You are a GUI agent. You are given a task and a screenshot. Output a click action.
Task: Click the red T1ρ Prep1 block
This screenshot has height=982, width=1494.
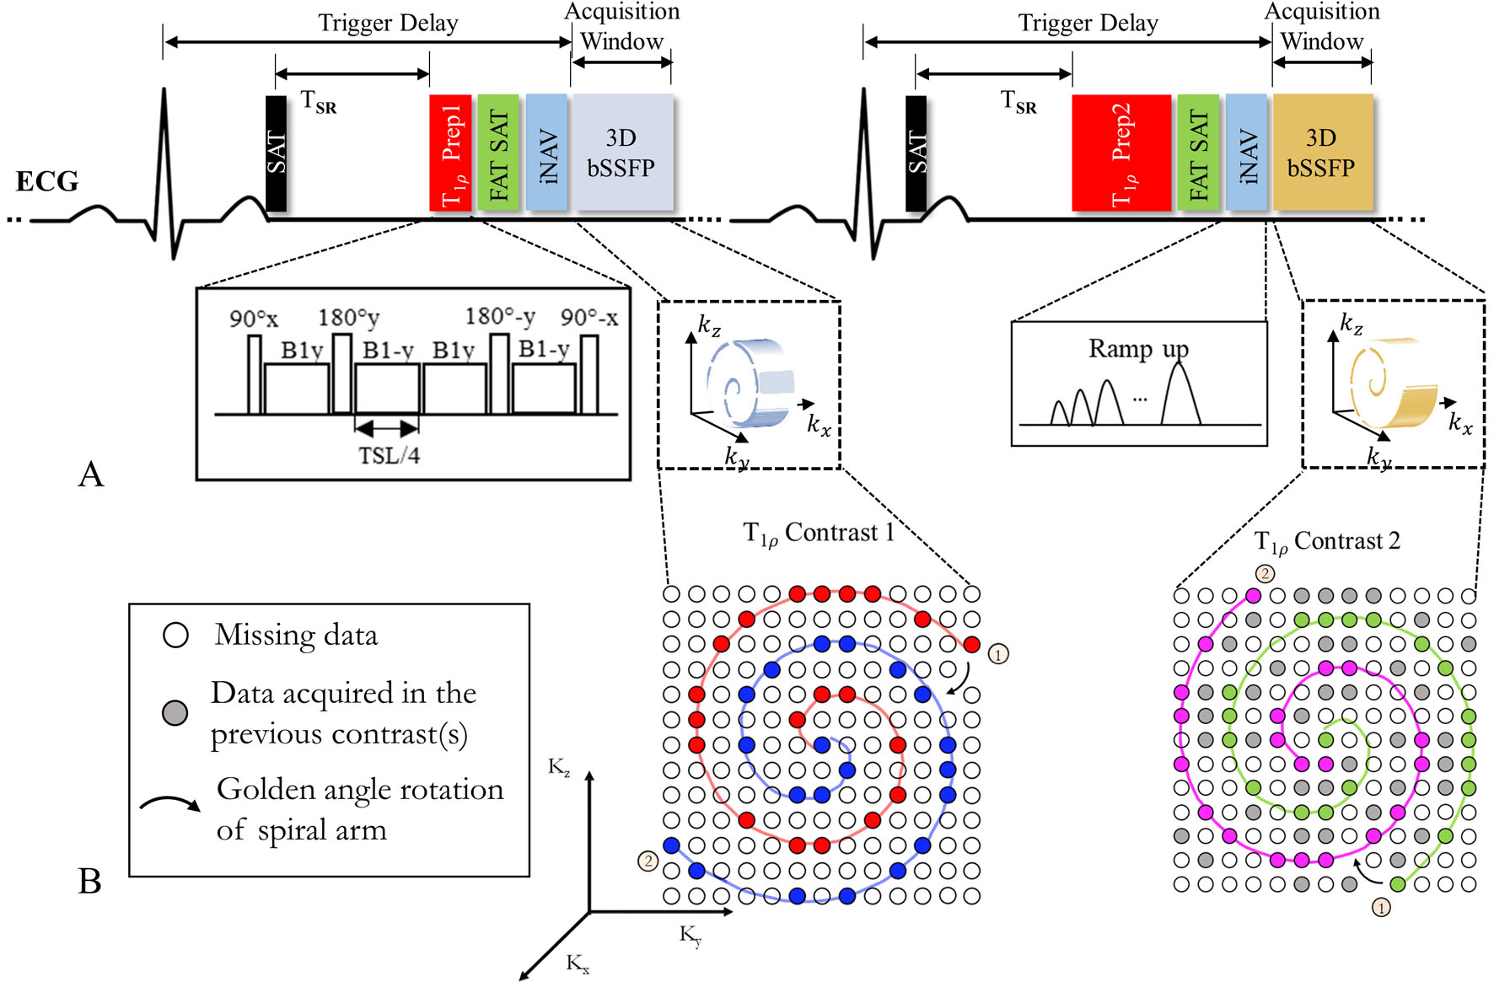(x=450, y=152)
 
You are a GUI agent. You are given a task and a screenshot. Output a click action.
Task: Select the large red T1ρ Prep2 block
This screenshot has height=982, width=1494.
(x=1121, y=152)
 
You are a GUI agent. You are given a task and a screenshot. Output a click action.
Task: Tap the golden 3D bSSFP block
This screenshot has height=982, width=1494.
(x=1322, y=152)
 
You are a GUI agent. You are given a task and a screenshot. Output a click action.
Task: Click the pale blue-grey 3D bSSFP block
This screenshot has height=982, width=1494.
(x=622, y=152)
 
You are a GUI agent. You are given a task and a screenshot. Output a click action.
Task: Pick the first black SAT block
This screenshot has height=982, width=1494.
(x=276, y=153)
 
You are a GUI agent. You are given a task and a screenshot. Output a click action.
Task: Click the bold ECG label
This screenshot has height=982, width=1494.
(x=47, y=181)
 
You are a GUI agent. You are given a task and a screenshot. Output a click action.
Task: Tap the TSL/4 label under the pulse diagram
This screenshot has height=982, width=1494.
(x=389, y=456)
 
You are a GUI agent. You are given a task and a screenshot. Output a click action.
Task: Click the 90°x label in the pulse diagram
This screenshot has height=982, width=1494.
(x=253, y=319)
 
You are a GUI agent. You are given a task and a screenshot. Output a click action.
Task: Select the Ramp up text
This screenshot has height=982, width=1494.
(x=1138, y=348)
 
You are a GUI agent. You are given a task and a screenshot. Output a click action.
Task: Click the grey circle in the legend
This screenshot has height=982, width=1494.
(x=175, y=713)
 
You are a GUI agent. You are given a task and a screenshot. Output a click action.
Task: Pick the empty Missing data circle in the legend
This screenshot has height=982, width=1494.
(x=175, y=635)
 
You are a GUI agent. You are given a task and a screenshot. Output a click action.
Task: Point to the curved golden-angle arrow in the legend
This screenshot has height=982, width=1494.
(x=170, y=803)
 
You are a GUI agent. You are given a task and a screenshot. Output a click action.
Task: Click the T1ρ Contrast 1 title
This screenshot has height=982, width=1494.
(x=817, y=534)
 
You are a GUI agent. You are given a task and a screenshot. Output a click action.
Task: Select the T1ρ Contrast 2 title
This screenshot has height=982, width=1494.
(x=1326, y=542)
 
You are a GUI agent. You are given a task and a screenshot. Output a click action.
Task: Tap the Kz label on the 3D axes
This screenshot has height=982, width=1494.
(x=559, y=767)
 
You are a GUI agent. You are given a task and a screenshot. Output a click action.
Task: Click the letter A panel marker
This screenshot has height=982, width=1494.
(x=91, y=475)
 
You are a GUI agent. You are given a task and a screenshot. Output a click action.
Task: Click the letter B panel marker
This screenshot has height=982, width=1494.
(x=89, y=881)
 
